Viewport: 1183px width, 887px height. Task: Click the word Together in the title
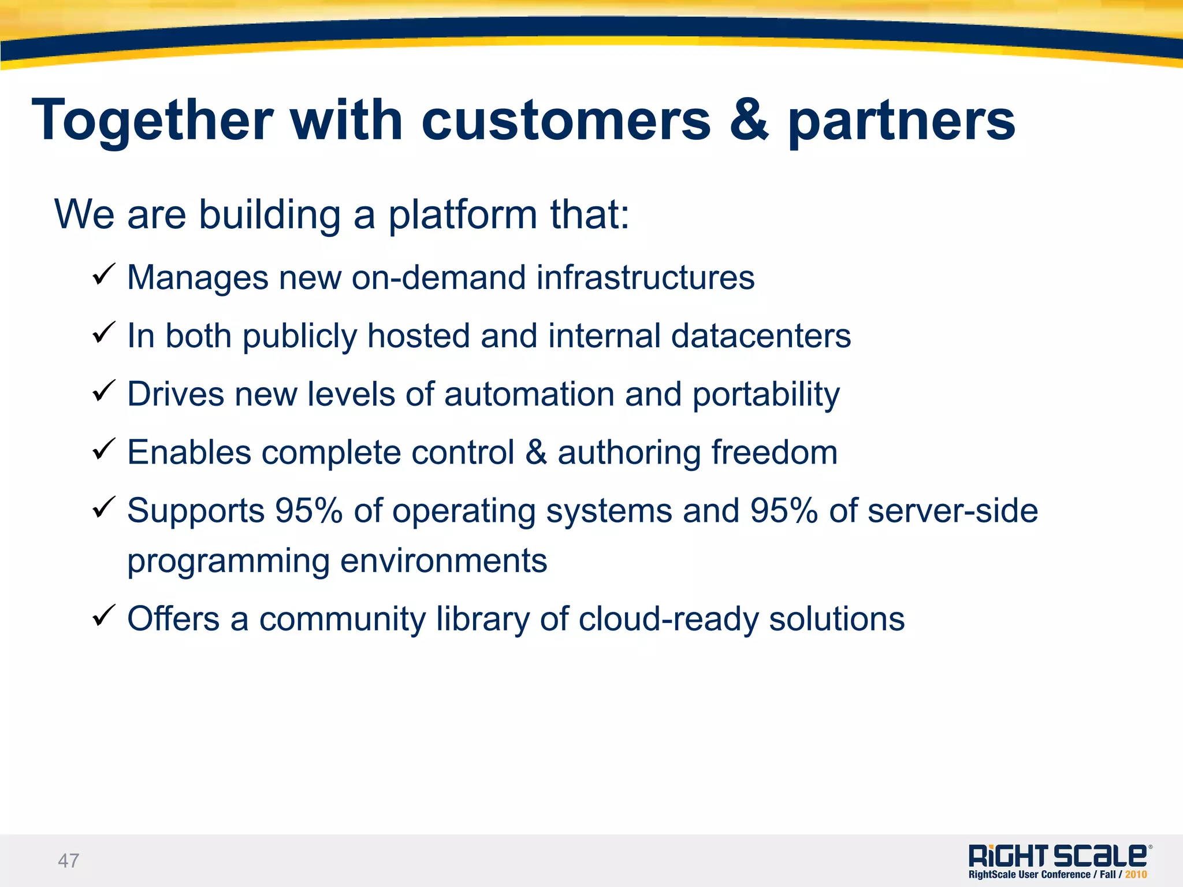tap(152, 120)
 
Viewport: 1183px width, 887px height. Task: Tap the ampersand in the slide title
tap(749, 120)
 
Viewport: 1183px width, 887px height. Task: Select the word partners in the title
tap(901, 121)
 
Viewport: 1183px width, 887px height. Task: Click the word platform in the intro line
tap(463, 215)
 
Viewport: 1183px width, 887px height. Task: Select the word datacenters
tap(761, 336)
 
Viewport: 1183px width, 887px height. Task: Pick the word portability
tap(766, 395)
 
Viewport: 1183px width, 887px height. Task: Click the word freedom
tap(774, 452)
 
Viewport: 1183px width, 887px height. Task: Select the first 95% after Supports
tap(308, 511)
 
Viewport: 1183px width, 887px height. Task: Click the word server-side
tap(953, 511)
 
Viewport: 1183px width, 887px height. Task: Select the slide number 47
tap(68, 861)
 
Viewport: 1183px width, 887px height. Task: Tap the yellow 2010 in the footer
tap(1136, 875)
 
